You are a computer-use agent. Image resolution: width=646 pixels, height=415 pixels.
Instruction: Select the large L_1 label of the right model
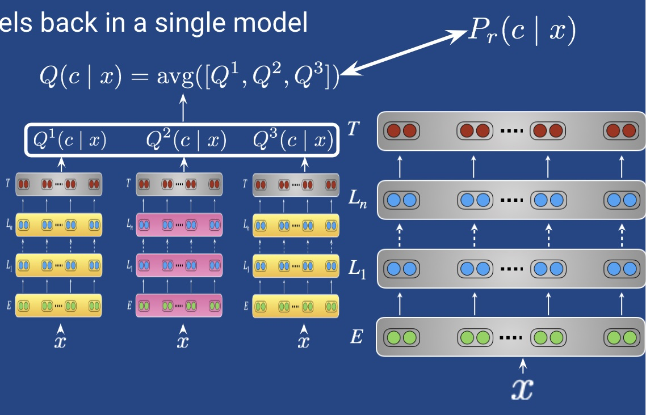356,269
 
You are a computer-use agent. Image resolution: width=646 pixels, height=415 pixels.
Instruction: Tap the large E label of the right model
356,338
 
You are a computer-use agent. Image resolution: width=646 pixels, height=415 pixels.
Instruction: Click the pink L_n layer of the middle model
179,225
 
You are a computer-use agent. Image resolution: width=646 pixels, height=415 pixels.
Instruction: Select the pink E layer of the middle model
179,305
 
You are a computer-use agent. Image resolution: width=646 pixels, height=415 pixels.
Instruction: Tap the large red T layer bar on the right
511,130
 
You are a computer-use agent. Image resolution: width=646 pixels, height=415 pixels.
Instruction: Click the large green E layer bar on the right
511,338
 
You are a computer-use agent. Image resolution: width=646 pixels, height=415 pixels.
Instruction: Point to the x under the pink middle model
182,341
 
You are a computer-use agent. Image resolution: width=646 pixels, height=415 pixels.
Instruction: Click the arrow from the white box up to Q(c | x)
183,108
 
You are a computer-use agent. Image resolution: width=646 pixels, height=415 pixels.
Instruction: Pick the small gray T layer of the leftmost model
59,184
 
